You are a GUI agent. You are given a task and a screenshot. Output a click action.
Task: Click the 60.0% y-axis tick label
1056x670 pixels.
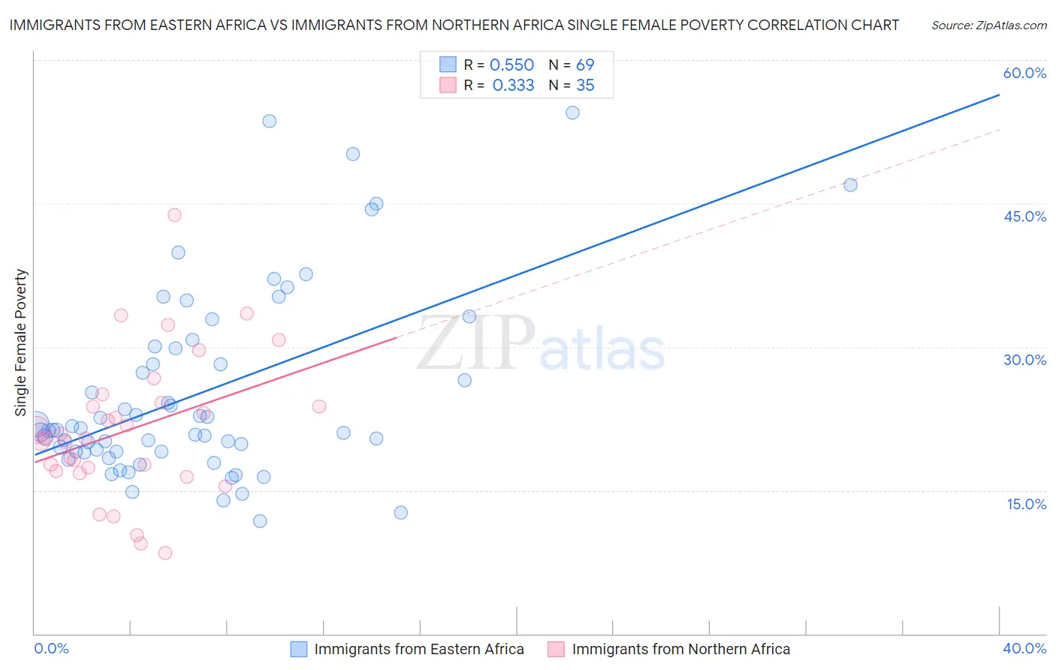tap(1024, 73)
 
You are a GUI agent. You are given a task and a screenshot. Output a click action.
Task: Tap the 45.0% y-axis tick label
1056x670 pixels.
tap(1024, 216)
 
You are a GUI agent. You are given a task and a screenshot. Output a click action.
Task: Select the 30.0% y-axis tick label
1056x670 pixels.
tap(1024, 360)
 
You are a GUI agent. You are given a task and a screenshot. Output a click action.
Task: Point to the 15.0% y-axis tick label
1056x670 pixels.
tap(1026, 504)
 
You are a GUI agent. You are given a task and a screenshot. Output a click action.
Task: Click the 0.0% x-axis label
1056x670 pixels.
tap(51, 648)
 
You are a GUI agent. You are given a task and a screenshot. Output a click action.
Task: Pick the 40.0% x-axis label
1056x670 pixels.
tap(1024, 648)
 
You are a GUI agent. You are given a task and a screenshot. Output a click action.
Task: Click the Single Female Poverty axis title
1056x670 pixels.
tap(21, 343)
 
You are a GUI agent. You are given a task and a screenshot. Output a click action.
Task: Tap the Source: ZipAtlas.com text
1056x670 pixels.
tap(988, 26)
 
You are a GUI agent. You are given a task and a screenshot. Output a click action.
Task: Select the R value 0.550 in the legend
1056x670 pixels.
tap(511, 65)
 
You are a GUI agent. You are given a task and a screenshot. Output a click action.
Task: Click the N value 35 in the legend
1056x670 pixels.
tap(585, 86)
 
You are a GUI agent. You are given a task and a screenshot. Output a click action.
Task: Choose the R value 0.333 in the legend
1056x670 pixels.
tap(513, 86)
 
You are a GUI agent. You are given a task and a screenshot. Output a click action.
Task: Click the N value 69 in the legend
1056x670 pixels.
tap(585, 65)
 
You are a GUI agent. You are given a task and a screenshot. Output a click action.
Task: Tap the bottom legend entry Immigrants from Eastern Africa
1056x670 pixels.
tap(418, 649)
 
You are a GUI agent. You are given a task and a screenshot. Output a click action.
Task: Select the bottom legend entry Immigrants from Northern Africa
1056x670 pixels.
tap(680, 649)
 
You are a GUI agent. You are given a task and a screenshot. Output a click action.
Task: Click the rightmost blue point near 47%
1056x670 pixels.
tap(850, 185)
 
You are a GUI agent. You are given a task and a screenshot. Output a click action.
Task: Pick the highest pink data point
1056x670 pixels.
tap(174, 215)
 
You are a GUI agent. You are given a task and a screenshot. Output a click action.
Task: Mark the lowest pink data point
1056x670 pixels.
tap(165, 553)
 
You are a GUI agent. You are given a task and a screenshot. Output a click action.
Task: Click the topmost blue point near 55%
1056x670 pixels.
tap(572, 113)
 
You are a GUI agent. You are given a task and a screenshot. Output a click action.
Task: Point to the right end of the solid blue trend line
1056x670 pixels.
tap(999, 95)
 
